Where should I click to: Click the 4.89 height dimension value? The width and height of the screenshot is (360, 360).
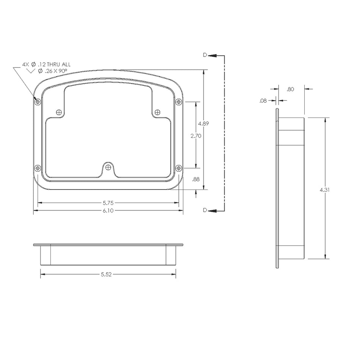pyautogui.click(x=203, y=124)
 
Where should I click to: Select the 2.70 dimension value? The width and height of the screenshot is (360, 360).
pyautogui.click(x=196, y=136)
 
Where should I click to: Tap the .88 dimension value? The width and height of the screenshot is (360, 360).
pyautogui.click(x=196, y=180)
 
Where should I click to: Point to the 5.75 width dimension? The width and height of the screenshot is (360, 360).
pyautogui.click(x=108, y=203)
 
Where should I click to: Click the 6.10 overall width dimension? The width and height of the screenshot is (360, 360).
pyautogui.click(x=108, y=210)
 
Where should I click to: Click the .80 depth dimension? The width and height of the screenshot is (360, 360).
pyautogui.click(x=291, y=89)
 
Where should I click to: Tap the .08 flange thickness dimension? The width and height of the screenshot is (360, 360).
pyautogui.click(x=263, y=101)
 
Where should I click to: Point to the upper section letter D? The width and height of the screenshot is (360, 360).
pyautogui.click(x=205, y=55)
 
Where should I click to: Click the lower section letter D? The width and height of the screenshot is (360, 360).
pyautogui.click(x=205, y=210)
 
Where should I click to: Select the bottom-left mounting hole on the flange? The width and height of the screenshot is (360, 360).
pyautogui.click(x=38, y=168)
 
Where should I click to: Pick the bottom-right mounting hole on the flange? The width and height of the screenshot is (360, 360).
pyautogui.click(x=179, y=168)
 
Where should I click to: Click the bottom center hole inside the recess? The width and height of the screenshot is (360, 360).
pyautogui.click(x=108, y=167)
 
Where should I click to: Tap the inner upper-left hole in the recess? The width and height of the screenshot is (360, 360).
pyautogui.click(x=59, y=112)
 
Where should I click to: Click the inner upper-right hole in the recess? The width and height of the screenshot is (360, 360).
pyautogui.click(x=158, y=112)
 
